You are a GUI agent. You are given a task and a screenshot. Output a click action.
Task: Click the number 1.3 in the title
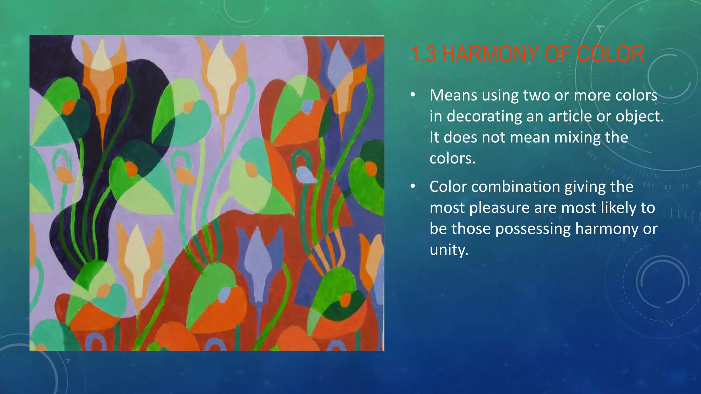tap(423, 54)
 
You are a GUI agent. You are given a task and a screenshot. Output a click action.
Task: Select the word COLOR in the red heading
tap(610, 54)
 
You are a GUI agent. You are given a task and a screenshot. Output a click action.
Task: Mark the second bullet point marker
tap(413, 186)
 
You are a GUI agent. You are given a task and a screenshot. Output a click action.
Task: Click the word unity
tap(448, 250)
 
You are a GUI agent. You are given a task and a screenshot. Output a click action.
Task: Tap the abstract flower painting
tap(207, 193)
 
